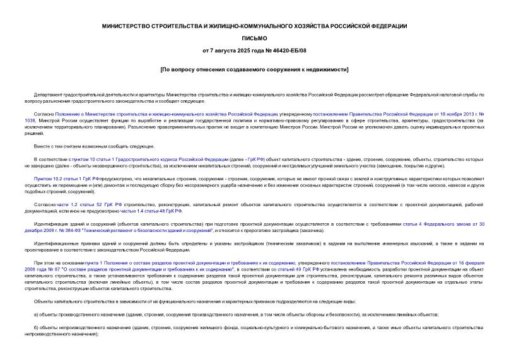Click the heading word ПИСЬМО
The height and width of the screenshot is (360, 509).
coord(254,38)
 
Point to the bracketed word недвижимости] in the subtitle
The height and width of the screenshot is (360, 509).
coord(325,69)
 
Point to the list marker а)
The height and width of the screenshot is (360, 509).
coord(37,314)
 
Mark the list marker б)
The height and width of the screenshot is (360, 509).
coord(37,327)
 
